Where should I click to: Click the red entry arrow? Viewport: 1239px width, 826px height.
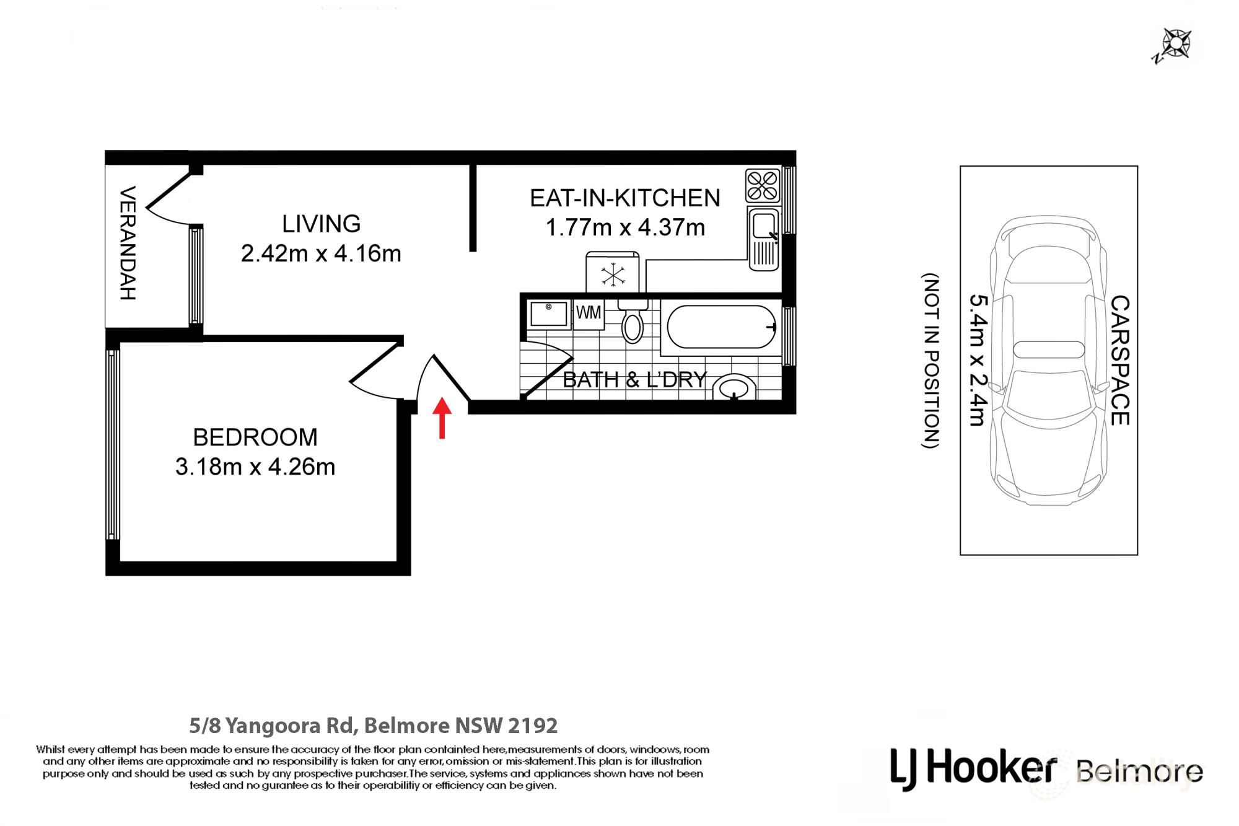click(442, 418)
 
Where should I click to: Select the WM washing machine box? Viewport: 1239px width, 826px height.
click(589, 315)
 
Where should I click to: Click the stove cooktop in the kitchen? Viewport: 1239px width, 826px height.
click(763, 185)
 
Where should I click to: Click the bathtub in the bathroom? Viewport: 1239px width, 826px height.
click(721, 327)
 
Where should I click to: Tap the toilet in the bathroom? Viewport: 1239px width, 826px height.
click(633, 322)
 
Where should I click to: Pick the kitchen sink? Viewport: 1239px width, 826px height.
click(764, 239)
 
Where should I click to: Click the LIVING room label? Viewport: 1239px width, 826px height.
click(321, 224)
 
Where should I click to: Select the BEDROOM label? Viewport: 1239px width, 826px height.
click(255, 437)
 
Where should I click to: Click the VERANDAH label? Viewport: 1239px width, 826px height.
click(127, 243)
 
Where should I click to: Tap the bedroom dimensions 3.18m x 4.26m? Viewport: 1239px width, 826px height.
click(255, 467)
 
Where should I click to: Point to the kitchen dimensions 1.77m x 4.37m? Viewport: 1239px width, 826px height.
click(625, 227)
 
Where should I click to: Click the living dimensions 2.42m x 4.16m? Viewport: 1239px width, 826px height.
click(321, 253)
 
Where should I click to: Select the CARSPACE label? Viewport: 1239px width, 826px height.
click(1120, 361)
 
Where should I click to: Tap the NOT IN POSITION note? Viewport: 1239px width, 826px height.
click(931, 361)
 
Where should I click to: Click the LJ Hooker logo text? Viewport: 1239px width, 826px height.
click(973, 769)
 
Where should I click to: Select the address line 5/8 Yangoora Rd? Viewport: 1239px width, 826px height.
click(374, 725)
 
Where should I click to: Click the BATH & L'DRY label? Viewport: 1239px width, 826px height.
click(635, 379)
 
